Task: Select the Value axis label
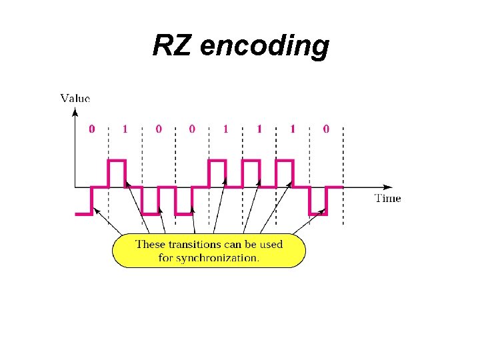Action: (x=75, y=98)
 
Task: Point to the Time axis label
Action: (x=387, y=198)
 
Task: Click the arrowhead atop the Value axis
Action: (x=75, y=110)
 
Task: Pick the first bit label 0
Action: (x=92, y=129)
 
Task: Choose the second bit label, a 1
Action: (x=125, y=129)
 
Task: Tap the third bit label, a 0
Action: (x=159, y=129)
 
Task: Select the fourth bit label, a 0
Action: (x=192, y=129)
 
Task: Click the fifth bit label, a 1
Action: (x=225, y=129)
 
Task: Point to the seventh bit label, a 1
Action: (x=292, y=129)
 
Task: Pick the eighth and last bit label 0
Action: (x=325, y=129)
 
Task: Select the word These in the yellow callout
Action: (x=150, y=244)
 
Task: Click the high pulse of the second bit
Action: (x=117, y=161)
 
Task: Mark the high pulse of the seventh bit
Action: (x=284, y=161)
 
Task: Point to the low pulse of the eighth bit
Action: (x=317, y=213)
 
